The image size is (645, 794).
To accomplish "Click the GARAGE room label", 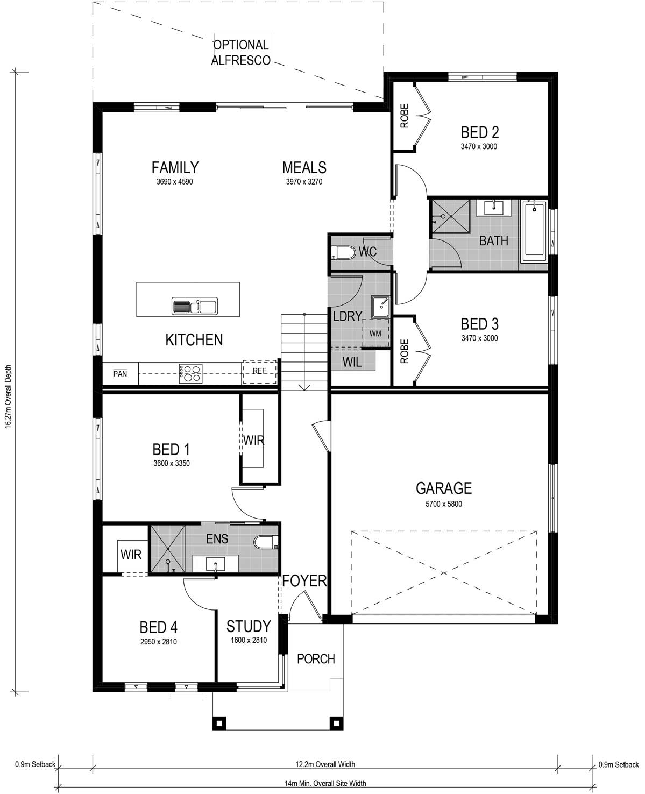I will tap(443, 488).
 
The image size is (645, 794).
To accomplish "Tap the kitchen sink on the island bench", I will tap(194, 307).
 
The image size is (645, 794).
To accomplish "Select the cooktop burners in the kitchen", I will tap(190, 373).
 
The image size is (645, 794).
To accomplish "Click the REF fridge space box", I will tap(260, 372).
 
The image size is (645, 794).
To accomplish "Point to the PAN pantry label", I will tap(120, 374).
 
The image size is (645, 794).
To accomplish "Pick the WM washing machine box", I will tap(375, 334).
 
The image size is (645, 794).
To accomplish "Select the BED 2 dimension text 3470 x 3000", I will tap(479, 146).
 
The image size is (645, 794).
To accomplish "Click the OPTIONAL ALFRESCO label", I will tap(240, 53).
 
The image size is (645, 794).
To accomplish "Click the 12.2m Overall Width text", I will tap(325, 764).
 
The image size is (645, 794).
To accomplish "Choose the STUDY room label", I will tap(248, 626).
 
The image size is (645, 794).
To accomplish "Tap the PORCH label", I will tap(316, 659).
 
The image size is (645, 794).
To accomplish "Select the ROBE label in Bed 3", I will tap(405, 351).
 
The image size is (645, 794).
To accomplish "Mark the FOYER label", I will tap(304, 581).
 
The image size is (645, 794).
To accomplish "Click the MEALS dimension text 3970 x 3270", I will tap(304, 182).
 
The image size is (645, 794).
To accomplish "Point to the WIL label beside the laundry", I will tap(352, 363).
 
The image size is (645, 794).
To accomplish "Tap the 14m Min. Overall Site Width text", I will tap(325, 783).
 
